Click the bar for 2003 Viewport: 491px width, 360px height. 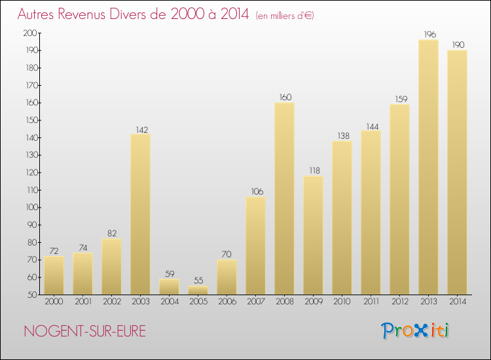[x=140, y=214]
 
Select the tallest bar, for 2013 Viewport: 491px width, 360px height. [x=428, y=167]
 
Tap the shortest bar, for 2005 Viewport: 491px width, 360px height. [x=198, y=290]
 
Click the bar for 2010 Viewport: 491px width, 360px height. [x=342, y=217]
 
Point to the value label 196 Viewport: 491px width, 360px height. [x=428, y=34]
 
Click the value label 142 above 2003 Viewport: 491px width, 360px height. [x=140, y=128]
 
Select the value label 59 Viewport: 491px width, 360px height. [x=169, y=274]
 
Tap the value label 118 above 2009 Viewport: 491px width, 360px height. [x=313, y=170]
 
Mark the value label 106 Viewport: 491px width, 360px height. [x=255, y=191]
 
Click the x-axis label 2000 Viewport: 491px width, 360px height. [x=54, y=302]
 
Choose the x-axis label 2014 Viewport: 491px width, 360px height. [x=457, y=302]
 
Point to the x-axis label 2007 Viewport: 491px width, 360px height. [x=255, y=302]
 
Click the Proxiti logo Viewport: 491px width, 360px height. [x=415, y=331]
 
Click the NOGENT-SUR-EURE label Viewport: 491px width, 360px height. [x=84, y=331]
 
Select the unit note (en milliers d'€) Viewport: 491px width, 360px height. [x=285, y=16]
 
